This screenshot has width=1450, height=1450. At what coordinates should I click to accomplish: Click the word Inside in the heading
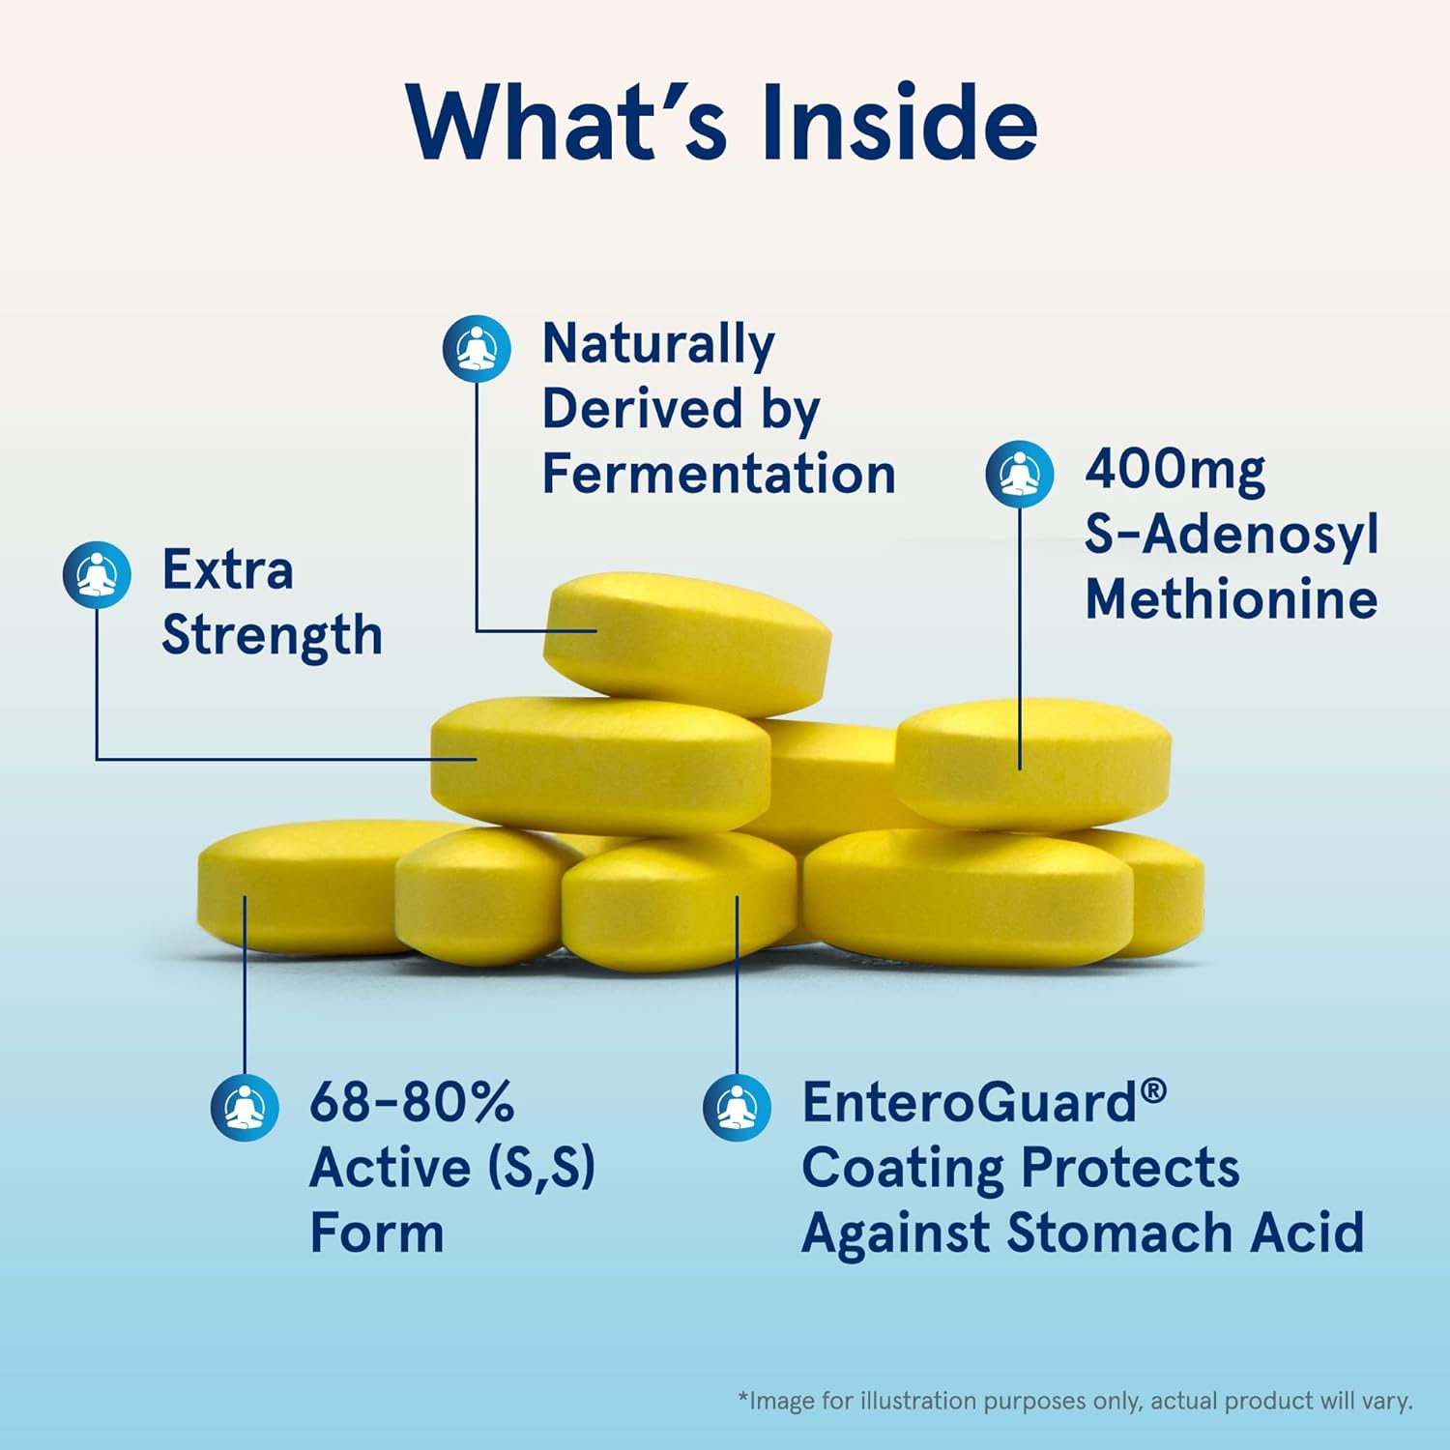pos(899,124)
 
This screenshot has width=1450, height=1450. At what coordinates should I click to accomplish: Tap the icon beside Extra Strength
pos(97,574)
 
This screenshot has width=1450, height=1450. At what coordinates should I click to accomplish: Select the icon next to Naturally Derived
pos(477,348)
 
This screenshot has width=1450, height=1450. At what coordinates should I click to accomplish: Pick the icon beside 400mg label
pos(1020,474)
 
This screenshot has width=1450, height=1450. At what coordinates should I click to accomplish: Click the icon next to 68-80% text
pos(245,1107)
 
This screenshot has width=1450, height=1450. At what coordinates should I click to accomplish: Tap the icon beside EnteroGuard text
pos(737,1107)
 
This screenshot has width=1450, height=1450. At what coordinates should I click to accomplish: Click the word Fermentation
pos(718,475)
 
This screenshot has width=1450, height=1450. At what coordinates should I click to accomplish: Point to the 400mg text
pos(1174,471)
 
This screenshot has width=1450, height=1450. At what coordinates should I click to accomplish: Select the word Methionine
pos(1231,599)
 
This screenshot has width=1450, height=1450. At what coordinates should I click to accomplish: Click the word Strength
pos(272,637)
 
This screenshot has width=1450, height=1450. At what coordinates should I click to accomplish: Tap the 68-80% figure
pos(412,1102)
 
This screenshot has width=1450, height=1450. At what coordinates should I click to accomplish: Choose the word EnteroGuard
pos(970,1103)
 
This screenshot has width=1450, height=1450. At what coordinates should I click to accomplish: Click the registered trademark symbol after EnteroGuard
pos(1153,1091)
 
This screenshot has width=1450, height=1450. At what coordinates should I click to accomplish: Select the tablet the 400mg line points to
pos(1032,764)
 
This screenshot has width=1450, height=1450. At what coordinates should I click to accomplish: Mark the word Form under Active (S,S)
pos(377,1234)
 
